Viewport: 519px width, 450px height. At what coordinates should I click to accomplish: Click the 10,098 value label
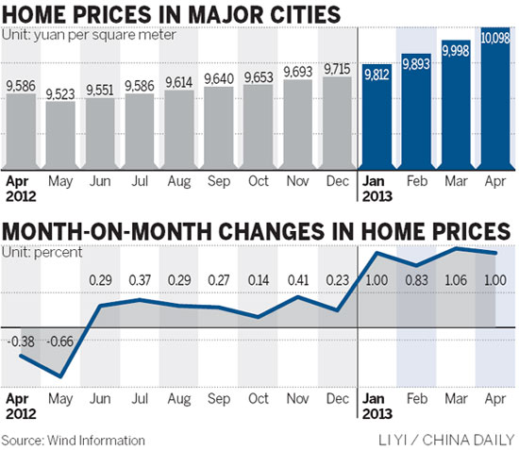click(x=494, y=37)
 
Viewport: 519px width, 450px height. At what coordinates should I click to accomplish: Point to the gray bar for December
click(x=336, y=122)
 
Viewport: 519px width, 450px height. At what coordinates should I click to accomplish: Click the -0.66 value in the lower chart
click(x=61, y=341)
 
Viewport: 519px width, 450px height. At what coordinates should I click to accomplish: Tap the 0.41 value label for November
click(x=297, y=280)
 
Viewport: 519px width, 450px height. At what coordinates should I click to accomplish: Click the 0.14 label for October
click(x=258, y=280)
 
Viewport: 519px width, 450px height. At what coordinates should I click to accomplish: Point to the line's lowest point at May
click(x=60, y=376)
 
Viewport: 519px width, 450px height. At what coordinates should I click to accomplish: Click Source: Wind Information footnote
click(x=74, y=440)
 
